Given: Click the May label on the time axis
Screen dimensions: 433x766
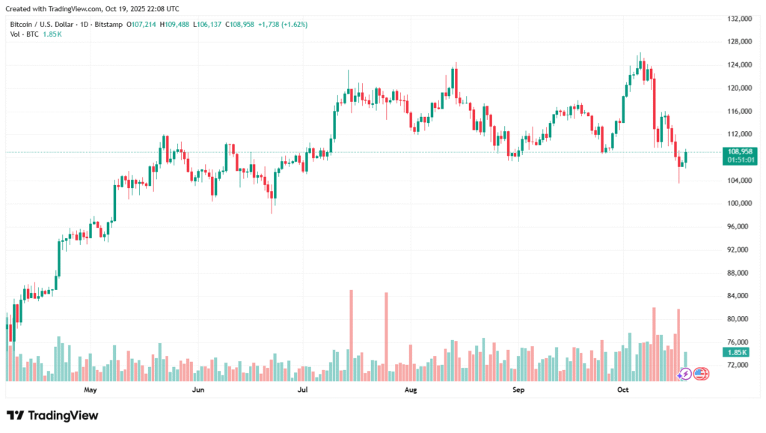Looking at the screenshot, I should (91, 390).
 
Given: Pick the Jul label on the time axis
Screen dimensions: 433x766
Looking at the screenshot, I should (303, 390).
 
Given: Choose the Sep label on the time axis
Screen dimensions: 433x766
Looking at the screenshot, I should (517, 390).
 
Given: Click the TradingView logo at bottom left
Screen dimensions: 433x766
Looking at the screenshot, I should (52, 415).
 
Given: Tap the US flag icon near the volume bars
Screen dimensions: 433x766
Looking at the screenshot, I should (701, 373).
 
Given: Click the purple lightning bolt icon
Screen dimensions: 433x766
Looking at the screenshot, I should (684, 373).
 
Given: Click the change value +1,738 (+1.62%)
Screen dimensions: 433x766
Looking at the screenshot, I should (282, 25).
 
